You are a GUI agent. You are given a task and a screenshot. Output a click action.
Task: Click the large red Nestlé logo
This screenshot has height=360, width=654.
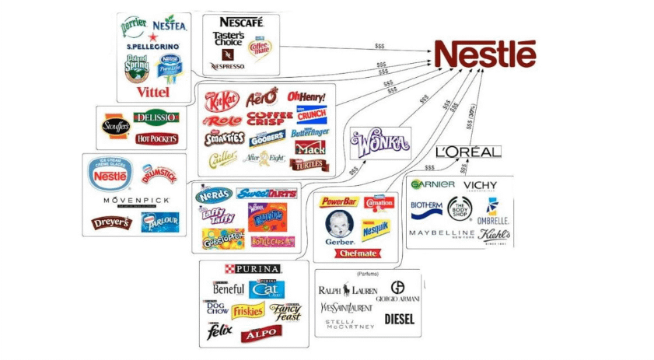click(x=484, y=54)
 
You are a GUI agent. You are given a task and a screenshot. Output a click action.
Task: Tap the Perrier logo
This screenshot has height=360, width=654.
click(x=134, y=26)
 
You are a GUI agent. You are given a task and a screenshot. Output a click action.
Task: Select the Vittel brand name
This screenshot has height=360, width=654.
click(x=152, y=92)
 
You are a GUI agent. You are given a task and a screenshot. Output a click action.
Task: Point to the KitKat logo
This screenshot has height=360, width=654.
click(x=220, y=100)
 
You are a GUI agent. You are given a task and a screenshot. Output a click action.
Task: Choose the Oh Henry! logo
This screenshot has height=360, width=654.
click(x=306, y=96)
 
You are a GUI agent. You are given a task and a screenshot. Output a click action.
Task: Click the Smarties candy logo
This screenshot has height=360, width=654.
click(x=223, y=139)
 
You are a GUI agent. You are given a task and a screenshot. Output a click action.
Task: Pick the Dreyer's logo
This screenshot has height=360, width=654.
click(x=112, y=223)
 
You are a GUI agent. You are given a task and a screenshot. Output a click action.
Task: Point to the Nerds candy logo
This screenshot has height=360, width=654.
click(x=214, y=194)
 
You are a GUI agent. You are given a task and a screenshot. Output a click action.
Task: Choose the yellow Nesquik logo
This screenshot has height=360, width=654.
click(x=375, y=229)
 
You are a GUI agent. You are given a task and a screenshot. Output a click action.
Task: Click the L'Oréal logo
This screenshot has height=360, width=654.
click(x=468, y=152)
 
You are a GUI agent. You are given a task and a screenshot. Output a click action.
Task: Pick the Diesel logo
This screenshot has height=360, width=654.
click(x=399, y=319)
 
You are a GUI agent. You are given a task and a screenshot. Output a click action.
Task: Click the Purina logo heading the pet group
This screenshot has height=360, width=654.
click(x=253, y=268)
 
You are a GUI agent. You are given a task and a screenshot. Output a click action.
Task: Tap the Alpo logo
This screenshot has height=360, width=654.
click(x=261, y=334)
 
